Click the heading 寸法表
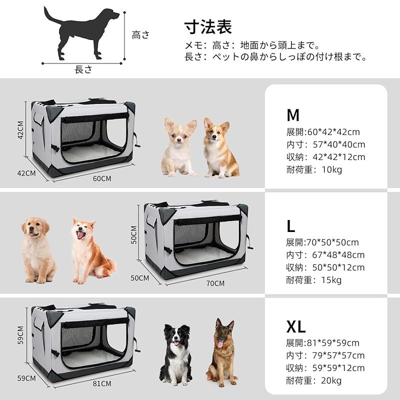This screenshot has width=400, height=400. [x=208, y=26]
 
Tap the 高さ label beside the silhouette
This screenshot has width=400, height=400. [x=140, y=34]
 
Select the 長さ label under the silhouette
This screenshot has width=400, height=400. [x=83, y=70]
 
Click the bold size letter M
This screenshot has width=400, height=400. [x=293, y=115]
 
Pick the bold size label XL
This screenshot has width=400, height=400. [x=296, y=327]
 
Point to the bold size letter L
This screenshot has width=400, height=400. [x=291, y=226]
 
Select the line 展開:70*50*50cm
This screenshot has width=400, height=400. [x=322, y=242]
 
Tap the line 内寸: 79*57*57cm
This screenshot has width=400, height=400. [x=325, y=355]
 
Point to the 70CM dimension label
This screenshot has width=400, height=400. [x=215, y=283]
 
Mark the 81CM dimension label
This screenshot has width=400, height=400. [x=102, y=383]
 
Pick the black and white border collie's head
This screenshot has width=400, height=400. [x=176, y=336]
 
